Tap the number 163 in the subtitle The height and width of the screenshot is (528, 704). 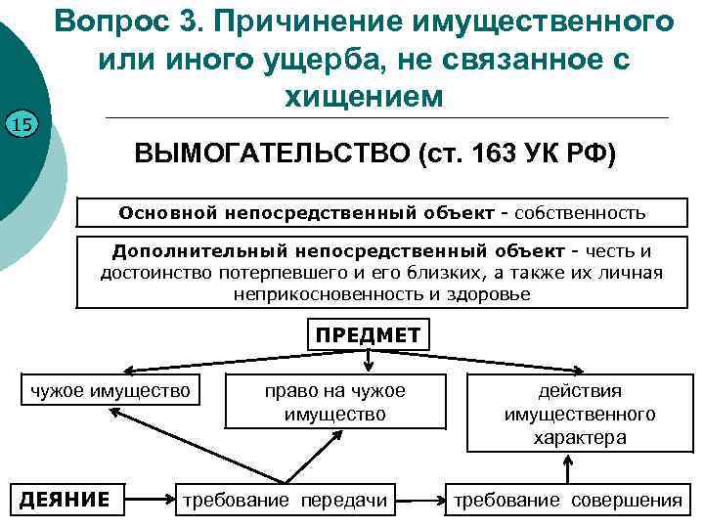(495, 156)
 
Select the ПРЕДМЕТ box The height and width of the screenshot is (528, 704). (368, 335)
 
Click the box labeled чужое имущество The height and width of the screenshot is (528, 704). (110, 390)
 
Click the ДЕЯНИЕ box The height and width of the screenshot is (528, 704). (66, 501)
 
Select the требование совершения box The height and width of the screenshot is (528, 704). (565, 501)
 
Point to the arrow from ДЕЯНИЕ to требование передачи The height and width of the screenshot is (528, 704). (151, 501)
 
